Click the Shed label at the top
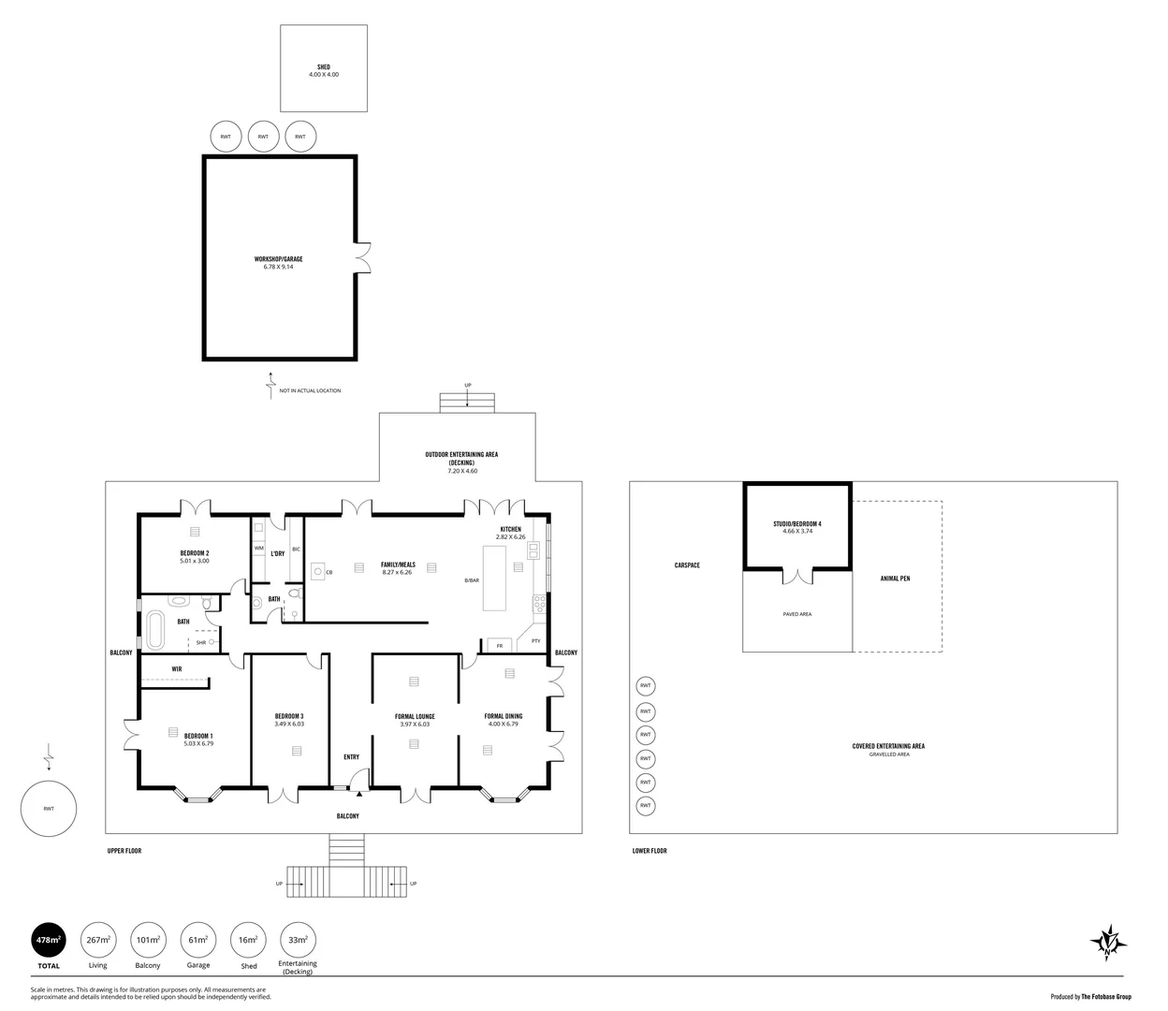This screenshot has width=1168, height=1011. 323,67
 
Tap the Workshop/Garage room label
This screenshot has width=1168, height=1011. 278,259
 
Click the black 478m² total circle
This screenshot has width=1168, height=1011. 49,939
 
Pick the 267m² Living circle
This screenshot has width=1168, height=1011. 98,939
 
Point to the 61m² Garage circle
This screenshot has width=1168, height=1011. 197,939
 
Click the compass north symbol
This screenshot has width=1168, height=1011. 1107,942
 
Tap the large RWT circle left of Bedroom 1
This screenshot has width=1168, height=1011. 49,809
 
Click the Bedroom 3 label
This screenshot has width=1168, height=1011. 288,716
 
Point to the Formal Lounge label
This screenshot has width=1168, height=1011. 415,716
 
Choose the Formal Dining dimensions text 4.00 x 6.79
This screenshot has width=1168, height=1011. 504,724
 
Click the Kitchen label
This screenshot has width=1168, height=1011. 510,529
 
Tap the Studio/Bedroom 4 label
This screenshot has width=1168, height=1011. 796,523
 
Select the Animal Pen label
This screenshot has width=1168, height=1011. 895,579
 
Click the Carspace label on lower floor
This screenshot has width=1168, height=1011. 686,565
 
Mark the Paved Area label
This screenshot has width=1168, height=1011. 796,614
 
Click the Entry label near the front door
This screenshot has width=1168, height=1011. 351,757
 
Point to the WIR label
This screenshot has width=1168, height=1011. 177,669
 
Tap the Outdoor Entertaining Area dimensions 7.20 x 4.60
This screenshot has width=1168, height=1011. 461,471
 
